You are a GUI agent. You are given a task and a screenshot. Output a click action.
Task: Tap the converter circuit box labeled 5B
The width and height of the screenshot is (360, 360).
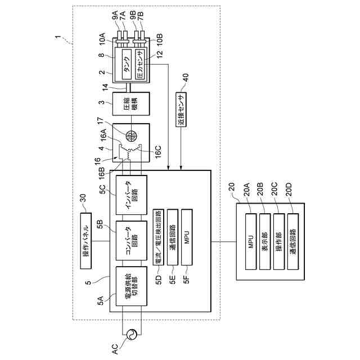(131, 240)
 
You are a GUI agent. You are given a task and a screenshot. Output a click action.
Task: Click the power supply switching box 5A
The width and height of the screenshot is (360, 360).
(131, 286)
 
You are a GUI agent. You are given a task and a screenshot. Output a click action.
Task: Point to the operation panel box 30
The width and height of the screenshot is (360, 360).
(86, 241)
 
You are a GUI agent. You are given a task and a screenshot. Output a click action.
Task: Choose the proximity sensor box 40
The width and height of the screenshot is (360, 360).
(181, 109)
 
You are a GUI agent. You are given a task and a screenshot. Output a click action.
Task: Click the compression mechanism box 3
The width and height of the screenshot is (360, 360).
(131, 103)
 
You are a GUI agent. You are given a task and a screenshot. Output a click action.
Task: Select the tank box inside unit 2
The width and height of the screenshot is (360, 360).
(127, 64)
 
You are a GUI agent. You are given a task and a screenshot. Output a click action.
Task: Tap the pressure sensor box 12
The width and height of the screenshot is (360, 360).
(140, 64)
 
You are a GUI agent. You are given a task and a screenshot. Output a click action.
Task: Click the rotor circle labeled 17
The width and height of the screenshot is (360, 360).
(131, 136)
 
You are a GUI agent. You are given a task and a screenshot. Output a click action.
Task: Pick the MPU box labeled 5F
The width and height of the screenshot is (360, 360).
(187, 237)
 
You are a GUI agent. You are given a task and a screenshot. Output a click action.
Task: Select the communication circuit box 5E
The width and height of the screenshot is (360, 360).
(173, 237)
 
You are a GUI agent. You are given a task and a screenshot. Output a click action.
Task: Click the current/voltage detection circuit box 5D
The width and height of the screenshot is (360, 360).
(159, 237)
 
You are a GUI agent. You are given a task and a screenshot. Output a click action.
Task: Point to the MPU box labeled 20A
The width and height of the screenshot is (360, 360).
(251, 241)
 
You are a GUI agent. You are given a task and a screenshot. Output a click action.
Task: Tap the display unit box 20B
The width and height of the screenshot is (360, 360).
(265, 241)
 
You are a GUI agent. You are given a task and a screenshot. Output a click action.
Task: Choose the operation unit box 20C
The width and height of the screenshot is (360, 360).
(279, 241)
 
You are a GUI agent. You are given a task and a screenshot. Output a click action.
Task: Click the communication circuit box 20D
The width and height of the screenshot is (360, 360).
(293, 241)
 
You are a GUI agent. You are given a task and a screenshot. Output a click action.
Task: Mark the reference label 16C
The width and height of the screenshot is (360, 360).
(158, 151)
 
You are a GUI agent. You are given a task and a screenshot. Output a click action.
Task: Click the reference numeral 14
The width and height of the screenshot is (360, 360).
(105, 87)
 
